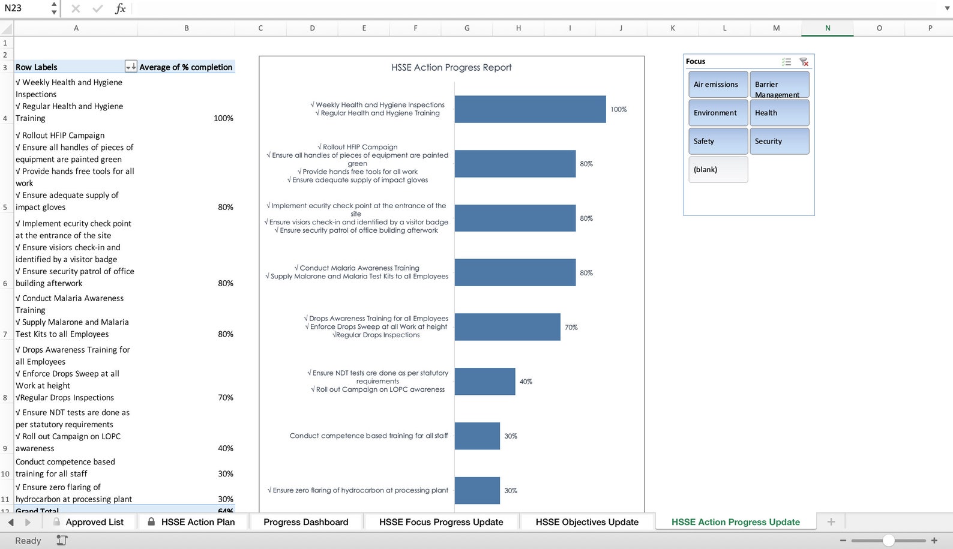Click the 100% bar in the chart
[530, 109]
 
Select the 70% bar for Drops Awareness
[507, 327]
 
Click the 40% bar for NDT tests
[484, 382]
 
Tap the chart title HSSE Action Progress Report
[451, 68]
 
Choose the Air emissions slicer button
[718, 85]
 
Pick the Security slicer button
[779, 142]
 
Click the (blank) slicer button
[718, 170]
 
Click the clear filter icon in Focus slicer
[804, 62]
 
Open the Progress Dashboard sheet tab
[305, 522]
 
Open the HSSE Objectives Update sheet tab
[587, 522]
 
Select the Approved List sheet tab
[94, 522]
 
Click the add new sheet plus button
[831, 522]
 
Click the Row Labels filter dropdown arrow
[130, 67]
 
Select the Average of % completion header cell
[186, 67]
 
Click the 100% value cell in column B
[223, 118]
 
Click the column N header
[828, 28]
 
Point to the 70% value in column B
[226, 397]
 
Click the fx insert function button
[121, 8]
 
